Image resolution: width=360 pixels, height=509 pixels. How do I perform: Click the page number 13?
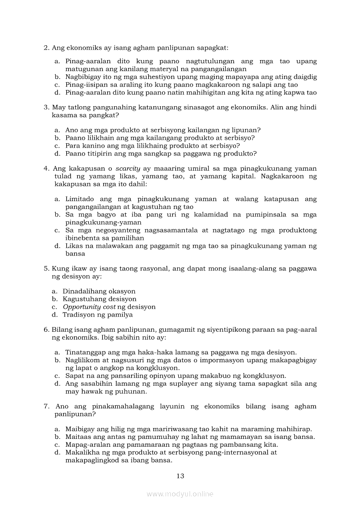(x=180, y=476)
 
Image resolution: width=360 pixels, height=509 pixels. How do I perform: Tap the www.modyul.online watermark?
(x=180, y=494)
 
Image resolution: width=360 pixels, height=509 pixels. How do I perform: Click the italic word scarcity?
(x=128, y=169)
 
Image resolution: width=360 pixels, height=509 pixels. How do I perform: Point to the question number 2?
(x=46, y=47)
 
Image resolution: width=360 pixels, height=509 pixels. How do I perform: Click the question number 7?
(x=46, y=406)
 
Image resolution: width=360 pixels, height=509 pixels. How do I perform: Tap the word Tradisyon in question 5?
(x=78, y=315)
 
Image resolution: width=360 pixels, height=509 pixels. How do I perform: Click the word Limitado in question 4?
(x=79, y=199)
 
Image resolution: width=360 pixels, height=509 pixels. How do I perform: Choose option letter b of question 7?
(x=57, y=437)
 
